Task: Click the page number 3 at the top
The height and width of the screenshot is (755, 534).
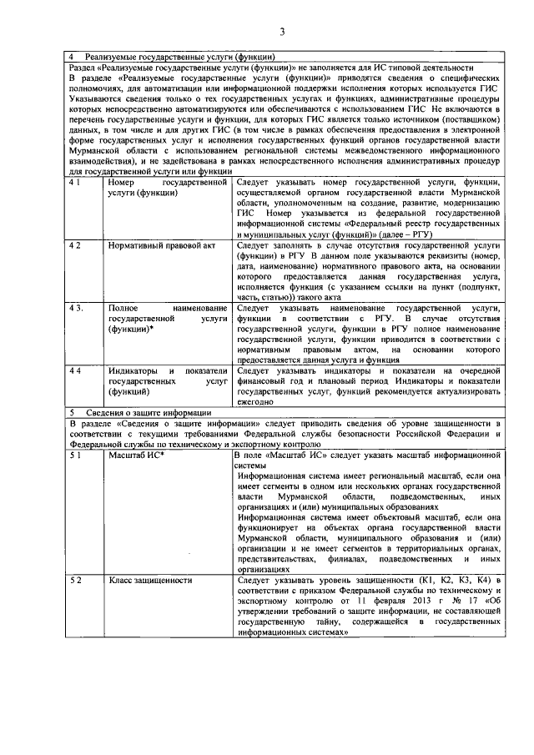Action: coord(282,32)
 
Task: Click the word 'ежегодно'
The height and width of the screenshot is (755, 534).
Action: coord(254,401)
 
